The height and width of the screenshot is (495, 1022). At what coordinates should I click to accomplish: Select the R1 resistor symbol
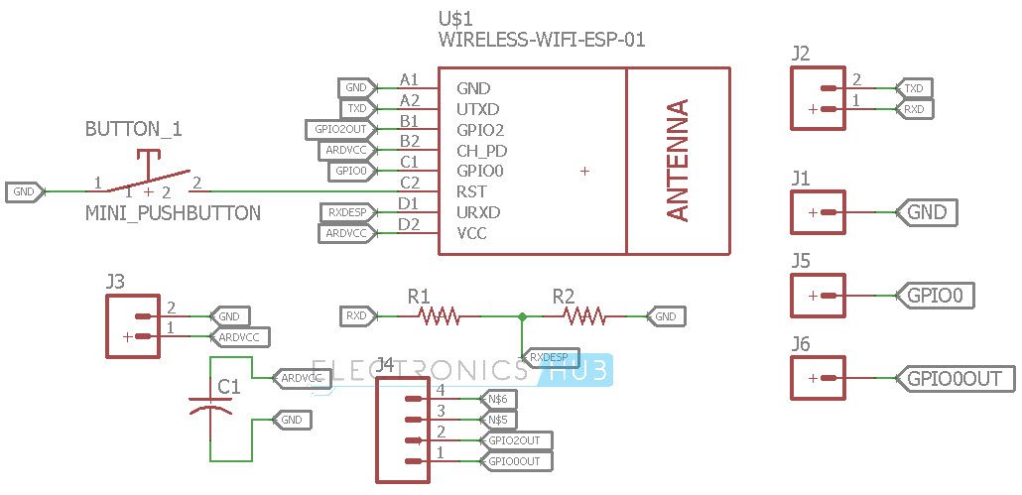coord(438,316)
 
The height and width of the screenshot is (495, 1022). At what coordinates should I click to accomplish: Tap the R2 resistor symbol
coord(584,316)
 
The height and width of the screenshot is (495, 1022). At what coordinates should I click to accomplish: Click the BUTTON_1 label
coord(134,130)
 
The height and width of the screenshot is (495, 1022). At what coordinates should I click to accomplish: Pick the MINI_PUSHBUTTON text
coord(173,213)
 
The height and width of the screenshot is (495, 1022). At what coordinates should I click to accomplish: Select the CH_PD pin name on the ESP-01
coord(481,151)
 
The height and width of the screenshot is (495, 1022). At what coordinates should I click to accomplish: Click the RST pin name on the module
coord(470,191)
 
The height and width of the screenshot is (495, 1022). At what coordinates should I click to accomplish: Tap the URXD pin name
coord(478,212)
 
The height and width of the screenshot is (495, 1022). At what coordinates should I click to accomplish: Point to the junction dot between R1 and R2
coord(522,316)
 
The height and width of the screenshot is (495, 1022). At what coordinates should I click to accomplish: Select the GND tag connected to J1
coord(927,212)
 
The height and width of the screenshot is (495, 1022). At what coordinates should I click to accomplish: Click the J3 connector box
coord(133,326)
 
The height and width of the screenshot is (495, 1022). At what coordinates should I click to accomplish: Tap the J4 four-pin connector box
coord(405,431)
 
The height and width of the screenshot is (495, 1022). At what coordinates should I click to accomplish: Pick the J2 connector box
coord(819,98)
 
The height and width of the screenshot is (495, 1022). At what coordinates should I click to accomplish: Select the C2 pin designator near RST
coord(409,183)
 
